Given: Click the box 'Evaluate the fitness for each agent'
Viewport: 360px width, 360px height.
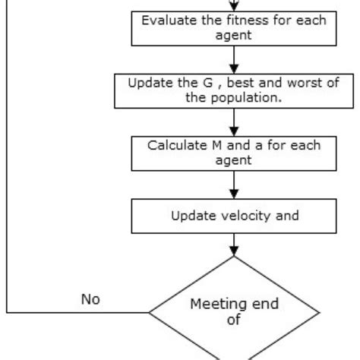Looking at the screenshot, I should click(x=234, y=27).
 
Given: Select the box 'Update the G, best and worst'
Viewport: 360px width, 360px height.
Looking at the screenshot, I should click(x=234, y=90).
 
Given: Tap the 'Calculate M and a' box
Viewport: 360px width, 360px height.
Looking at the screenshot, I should click(x=234, y=153).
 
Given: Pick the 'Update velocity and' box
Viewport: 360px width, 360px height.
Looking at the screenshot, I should click(x=234, y=216).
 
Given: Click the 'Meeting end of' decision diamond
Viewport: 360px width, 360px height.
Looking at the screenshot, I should click(x=234, y=311).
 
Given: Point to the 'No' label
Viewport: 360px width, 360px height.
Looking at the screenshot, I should click(x=91, y=298).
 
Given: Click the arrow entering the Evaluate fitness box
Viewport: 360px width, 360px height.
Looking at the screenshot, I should click(x=234, y=5).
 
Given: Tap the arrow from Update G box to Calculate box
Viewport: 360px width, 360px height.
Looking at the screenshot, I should click(x=234, y=122).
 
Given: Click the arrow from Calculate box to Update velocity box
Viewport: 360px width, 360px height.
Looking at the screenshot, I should click(x=234, y=185).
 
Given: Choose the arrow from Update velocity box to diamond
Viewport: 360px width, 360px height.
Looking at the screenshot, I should click(x=234, y=245).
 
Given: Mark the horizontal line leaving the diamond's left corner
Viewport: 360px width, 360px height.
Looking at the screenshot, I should click(x=76, y=311).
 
